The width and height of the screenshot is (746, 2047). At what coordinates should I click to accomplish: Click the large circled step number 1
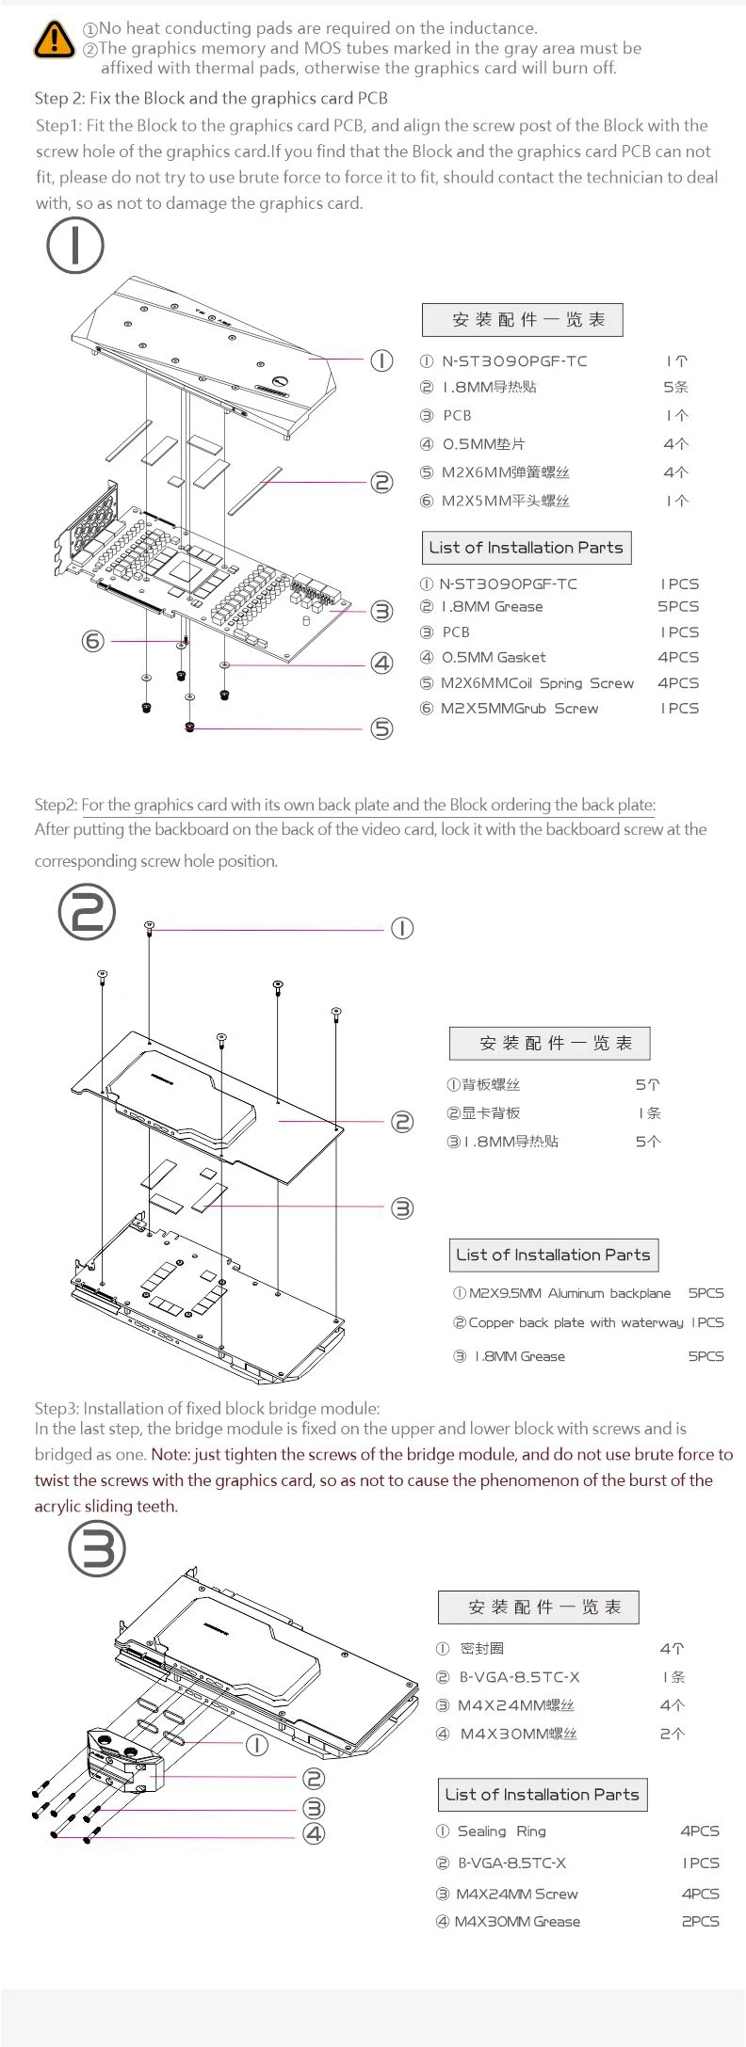tap(74, 245)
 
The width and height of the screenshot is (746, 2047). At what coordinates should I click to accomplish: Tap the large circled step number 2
tap(87, 912)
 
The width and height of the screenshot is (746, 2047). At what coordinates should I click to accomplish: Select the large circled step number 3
tap(97, 1549)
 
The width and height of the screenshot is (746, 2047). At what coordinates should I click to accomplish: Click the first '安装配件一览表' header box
tap(523, 320)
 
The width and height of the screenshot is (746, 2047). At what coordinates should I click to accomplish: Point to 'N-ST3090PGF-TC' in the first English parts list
tap(509, 584)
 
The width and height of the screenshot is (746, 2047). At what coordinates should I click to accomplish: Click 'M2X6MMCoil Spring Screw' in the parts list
tap(537, 683)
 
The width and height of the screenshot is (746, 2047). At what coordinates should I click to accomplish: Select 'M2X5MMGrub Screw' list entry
tap(519, 709)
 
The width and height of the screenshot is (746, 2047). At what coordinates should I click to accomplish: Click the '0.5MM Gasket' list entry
tap(494, 657)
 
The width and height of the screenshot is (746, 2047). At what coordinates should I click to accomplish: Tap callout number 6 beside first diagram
tap(92, 641)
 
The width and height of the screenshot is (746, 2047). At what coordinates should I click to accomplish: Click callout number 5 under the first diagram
tap(381, 728)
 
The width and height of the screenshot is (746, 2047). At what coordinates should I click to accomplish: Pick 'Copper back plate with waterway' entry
tap(576, 1322)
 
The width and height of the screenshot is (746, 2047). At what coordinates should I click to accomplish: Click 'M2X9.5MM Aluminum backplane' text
tap(570, 1293)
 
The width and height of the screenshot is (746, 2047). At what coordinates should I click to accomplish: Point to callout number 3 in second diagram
tap(402, 1207)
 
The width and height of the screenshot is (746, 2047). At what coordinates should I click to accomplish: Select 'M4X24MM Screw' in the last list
tap(516, 1894)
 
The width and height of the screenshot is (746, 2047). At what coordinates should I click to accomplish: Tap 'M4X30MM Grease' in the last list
tap(517, 1921)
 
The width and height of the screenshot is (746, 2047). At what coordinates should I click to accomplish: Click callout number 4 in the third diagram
tap(314, 1833)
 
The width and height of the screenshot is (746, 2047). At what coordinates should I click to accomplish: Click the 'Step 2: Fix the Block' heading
tap(211, 98)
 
